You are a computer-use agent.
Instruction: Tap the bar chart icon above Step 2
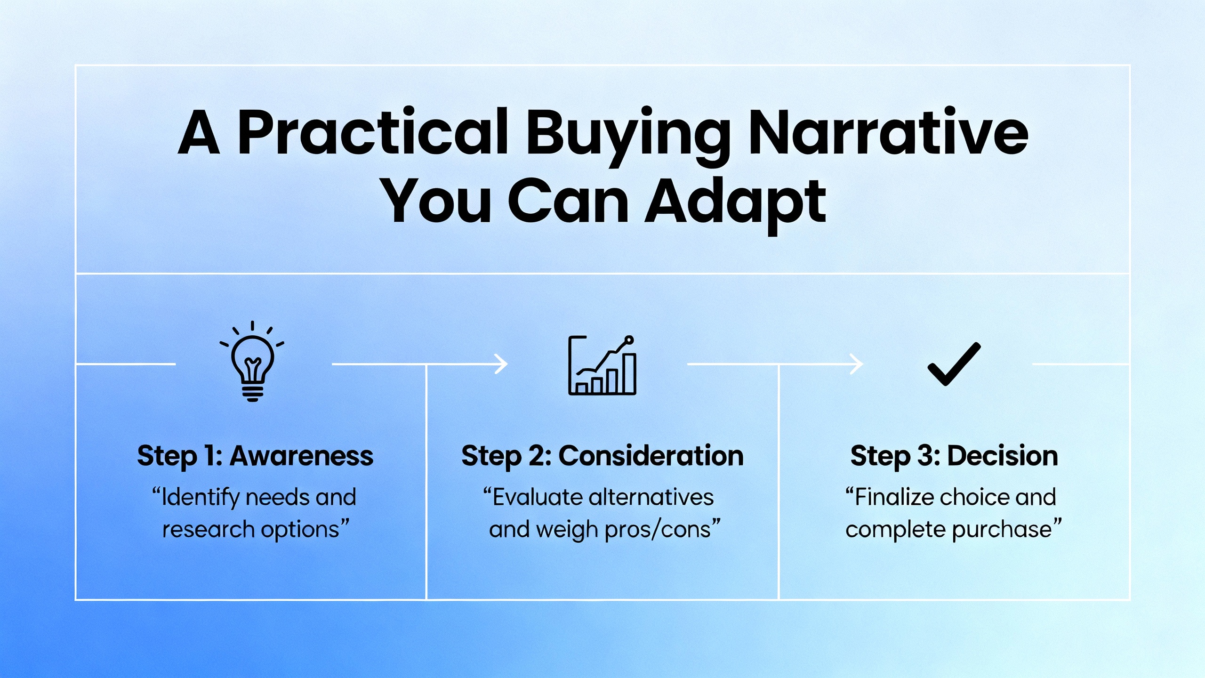pos(602,365)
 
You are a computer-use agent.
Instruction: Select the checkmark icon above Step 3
pos(954,364)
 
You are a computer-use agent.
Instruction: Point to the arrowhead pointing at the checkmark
pos(857,364)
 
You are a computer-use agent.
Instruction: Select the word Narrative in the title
pos(889,132)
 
